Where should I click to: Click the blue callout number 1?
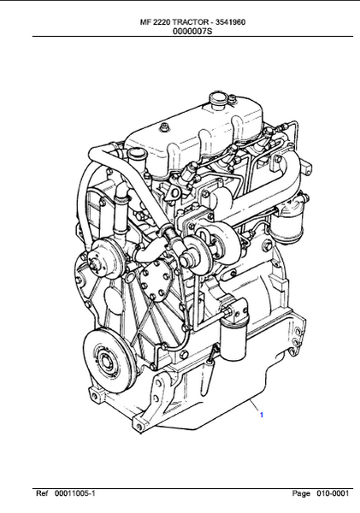coord(262,415)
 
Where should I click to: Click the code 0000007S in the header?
coord(192,32)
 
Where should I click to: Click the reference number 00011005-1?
coord(74,493)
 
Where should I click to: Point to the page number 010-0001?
coord(333,493)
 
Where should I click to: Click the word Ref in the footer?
coord(42,493)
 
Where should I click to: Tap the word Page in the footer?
coord(301,493)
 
